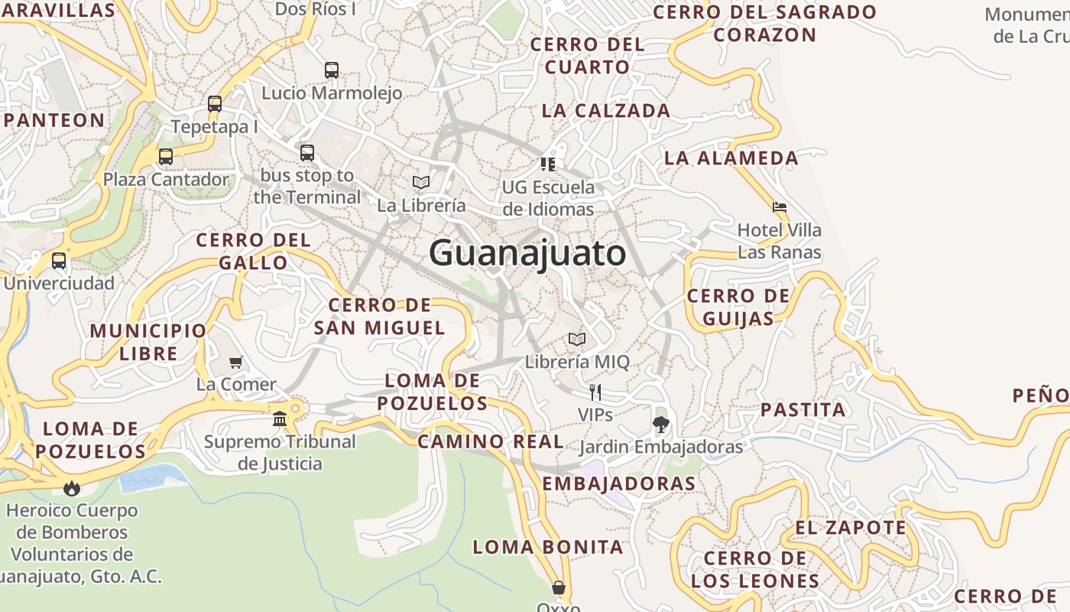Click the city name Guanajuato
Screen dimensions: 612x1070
click(x=527, y=252)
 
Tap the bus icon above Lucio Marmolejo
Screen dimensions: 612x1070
click(x=332, y=70)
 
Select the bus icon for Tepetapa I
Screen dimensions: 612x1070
click(x=215, y=104)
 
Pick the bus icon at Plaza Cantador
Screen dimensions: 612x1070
click(x=166, y=157)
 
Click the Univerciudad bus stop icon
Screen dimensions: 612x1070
click(x=59, y=261)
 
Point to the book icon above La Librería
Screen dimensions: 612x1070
click(x=421, y=182)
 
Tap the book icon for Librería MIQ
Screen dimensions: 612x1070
click(x=577, y=339)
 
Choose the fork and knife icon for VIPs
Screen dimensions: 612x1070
click(x=595, y=392)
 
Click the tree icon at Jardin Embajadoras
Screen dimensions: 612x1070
click(x=661, y=424)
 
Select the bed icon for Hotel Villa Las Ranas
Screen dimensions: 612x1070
click(x=780, y=207)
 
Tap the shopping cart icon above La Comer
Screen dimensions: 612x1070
click(x=236, y=362)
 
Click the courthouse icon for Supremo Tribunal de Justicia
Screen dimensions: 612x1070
click(x=280, y=418)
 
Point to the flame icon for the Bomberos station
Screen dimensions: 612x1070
click(x=72, y=487)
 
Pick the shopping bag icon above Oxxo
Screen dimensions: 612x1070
click(x=559, y=588)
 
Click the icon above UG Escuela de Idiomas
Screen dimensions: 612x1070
click(x=548, y=164)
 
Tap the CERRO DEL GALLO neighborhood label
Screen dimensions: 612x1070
click(x=254, y=251)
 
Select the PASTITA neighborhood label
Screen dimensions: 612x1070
click(x=803, y=409)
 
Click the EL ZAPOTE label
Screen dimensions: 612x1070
click(x=851, y=528)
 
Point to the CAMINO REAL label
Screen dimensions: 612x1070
click(x=491, y=441)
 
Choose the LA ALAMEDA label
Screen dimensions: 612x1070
click(x=731, y=158)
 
